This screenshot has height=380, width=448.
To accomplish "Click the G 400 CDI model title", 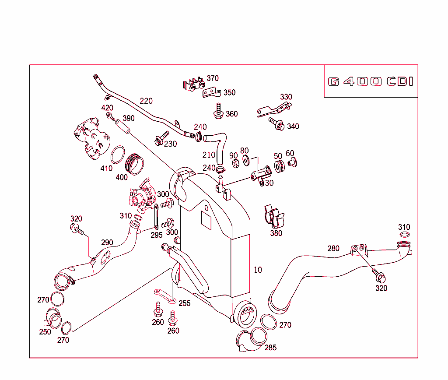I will pyautogui.click(x=371, y=82).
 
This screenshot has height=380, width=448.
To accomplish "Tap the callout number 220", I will pyautogui.click(x=146, y=101).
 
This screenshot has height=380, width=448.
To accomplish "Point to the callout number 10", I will pyautogui.click(x=258, y=270).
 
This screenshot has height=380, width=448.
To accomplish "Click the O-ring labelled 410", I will pyautogui.click(x=117, y=155).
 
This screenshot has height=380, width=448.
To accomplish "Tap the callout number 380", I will pyautogui.click(x=276, y=233).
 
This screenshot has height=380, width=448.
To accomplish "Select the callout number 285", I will pyautogui.click(x=270, y=348).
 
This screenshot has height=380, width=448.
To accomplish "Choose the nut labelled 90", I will pyautogui.click(x=234, y=164).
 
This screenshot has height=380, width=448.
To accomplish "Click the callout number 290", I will pyautogui.click(x=107, y=243).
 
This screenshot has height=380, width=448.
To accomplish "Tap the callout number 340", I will pyautogui.click(x=293, y=127).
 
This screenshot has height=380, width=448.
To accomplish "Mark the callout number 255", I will pyautogui.click(x=185, y=303).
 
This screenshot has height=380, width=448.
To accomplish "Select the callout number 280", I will pyautogui.click(x=333, y=249).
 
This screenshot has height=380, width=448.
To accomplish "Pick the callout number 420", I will pyautogui.click(x=107, y=108).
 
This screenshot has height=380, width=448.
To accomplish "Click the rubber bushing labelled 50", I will pyautogui.click(x=278, y=167).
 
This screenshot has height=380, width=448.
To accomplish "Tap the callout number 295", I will pyautogui.click(x=157, y=235).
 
